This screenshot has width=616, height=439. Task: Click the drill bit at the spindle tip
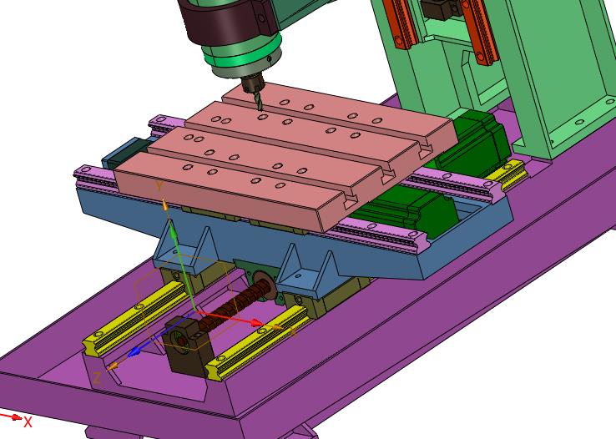click(x=258, y=101)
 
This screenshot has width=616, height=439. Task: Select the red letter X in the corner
click(x=28, y=422)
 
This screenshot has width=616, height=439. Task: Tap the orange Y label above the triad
click(x=159, y=186)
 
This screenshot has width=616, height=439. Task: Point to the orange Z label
click(x=97, y=378)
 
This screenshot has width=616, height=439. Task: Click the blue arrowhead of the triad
click(x=134, y=351)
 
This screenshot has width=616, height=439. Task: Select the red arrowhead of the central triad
click(x=257, y=323)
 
